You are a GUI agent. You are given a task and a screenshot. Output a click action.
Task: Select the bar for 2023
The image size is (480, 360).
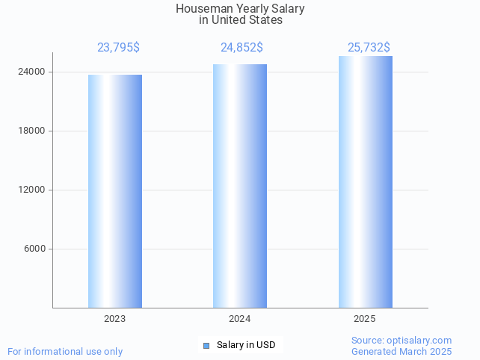114,190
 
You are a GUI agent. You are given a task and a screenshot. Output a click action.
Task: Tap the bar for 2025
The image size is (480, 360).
365,181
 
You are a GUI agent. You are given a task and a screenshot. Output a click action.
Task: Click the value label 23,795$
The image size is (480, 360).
118,48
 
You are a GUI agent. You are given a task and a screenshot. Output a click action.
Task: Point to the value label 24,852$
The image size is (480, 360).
241,48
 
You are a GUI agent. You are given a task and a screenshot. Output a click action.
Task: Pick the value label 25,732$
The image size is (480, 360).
369,48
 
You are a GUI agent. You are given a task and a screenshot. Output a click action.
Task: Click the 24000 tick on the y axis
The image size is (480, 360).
31,72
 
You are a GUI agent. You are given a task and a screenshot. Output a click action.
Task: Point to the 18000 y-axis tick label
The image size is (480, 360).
31,131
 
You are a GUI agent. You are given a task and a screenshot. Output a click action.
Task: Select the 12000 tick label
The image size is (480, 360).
31,190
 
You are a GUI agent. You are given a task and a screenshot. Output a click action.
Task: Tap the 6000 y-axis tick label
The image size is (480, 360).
34,249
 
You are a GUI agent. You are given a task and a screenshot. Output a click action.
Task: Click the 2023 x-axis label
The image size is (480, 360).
114,319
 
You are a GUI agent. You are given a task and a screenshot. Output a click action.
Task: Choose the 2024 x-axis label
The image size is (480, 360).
239,319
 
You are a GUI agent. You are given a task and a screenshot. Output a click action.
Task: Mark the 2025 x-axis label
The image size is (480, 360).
365,319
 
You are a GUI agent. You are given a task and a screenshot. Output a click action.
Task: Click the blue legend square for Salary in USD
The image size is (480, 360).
206,345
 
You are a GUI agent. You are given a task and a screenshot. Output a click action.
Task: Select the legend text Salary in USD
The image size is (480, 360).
246,345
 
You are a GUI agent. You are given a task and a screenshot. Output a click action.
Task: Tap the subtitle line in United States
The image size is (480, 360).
241,20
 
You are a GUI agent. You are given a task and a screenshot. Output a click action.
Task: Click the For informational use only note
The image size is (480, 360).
65,352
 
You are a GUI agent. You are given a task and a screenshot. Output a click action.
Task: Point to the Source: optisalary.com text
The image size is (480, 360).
401,341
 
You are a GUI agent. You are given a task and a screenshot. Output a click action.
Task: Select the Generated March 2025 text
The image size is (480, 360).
401,352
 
